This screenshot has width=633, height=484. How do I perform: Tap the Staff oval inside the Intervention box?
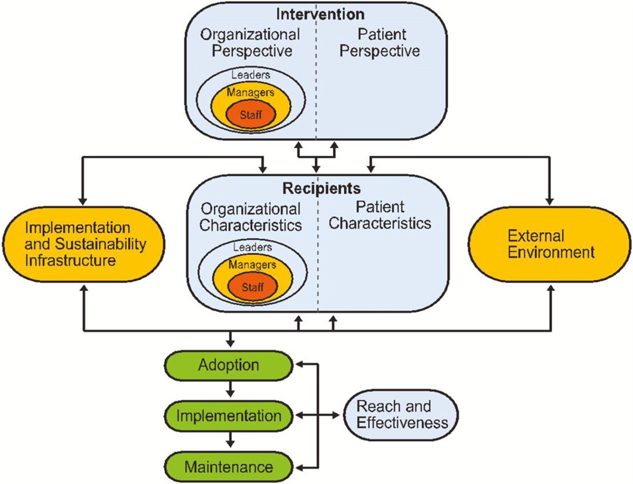(x=251, y=114)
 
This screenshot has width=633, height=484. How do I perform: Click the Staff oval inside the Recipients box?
(x=252, y=287)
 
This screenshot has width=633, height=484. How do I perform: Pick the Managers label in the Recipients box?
(x=251, y=264)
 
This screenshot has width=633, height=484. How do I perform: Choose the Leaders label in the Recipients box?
(x=251, y=246)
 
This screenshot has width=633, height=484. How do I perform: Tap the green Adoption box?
(x=228, y=365)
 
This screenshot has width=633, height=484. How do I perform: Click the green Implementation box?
(x=228, y=415)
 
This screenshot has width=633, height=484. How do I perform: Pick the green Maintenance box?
(x=228, y=467)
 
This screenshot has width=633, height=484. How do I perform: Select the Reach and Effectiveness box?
(x=401, y=414)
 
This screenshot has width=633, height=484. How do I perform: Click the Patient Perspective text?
(x=381, y=43)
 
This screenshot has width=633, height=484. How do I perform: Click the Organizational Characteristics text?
(x=251, y=216)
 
